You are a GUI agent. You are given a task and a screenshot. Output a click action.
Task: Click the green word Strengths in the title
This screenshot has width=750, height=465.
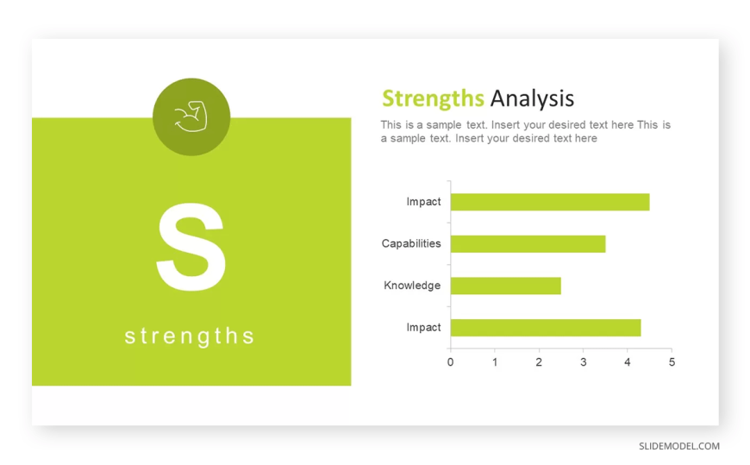[433, 99]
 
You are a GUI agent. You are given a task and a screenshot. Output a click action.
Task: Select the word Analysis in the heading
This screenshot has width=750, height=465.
[532, 98]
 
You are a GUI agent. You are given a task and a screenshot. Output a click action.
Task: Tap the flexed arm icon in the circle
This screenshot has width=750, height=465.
[191, 116]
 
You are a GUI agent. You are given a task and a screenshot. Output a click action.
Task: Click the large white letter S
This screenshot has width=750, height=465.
[191, 247]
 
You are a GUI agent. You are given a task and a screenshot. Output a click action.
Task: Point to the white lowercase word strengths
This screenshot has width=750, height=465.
[190, 336]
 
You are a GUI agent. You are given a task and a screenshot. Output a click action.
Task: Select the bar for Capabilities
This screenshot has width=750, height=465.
[528, 244]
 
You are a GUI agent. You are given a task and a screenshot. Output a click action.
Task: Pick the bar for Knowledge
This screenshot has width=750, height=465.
[505, 286]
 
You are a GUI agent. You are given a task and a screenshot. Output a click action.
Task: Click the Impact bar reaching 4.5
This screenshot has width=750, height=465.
[550, 202]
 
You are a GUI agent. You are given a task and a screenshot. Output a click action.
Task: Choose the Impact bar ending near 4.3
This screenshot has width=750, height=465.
[546, 328]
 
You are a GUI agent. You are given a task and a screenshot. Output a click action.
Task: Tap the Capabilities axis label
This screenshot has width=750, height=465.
[411, 244]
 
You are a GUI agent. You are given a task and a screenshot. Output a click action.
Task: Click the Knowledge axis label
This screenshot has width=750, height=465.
[412, 286]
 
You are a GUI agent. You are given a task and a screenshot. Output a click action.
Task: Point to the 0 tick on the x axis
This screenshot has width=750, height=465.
[450, 362]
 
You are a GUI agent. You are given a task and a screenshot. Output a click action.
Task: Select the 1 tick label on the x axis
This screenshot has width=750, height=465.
[495, 362]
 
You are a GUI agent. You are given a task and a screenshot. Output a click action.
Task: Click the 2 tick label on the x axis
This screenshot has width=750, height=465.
[539, 362]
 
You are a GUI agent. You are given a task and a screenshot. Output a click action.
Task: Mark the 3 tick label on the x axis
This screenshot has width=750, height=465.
[583, 362]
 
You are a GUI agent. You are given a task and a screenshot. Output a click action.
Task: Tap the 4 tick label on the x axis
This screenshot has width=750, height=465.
[628, 362]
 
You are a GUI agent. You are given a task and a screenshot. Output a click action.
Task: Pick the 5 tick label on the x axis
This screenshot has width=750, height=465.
[672, 362]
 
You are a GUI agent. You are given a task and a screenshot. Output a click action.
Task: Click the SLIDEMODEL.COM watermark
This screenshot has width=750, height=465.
[679, 446]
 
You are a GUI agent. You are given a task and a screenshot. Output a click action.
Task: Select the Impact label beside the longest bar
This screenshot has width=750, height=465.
[423, 202]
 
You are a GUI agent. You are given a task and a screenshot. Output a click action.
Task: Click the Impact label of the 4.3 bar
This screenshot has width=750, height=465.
[423, 328]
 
